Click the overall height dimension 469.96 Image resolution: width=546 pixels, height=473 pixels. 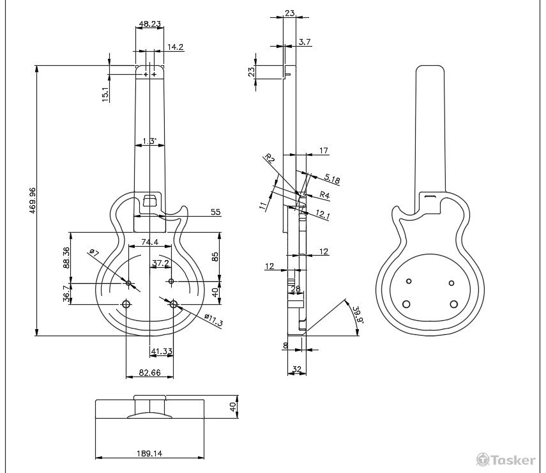click(x=32, y=200)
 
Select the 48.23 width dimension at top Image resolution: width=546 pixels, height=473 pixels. click(x=149, y=24)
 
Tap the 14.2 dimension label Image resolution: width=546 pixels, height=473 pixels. click(x=175, y=47)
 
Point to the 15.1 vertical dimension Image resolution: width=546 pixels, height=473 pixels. click(x=105, y=94)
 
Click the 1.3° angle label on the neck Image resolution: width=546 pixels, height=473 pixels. click(x=149, y=141)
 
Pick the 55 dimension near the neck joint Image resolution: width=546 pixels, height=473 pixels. click(x=215, y=212)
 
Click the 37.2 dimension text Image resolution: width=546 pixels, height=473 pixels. click(x=160, y=263)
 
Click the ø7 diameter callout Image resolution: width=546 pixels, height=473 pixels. click(x=93, y=253)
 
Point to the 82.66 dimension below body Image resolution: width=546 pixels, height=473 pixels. click(x=149, y=372)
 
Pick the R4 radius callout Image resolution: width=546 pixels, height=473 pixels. click(x=324, y=195)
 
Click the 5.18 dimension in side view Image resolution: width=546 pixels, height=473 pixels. click(x=332, y=180)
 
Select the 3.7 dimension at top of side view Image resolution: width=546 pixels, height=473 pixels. click(x=305, y=42)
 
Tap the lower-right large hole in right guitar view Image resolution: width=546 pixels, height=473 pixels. click(x=454, y=304)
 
